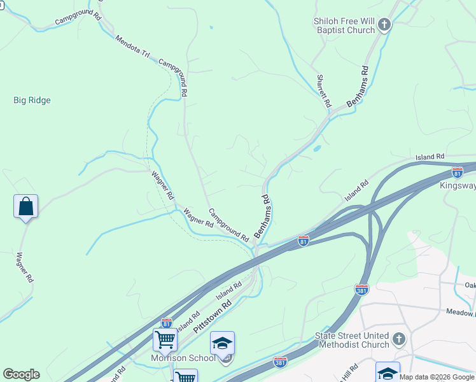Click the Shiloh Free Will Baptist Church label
344,25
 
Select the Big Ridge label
32,100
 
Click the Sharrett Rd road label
324,91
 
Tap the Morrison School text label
183,358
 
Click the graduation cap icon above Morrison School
222,343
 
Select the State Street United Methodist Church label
352,340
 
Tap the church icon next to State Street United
399,338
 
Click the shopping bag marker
25,207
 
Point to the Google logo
21,374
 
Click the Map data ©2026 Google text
437,377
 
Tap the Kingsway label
458,186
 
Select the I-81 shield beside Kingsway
457,173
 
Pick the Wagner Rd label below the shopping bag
25,267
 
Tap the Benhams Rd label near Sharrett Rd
358,86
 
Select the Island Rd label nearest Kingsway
430,157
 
